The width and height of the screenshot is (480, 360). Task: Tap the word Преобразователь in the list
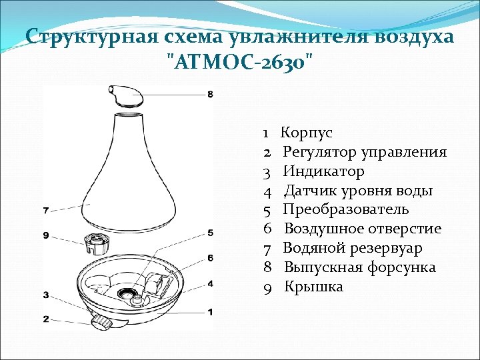pos(346,210)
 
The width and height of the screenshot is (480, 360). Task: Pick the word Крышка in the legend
pos(314,287)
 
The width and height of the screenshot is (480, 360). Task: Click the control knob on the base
pos(102,321)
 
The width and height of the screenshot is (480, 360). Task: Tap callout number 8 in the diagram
pos(210,95)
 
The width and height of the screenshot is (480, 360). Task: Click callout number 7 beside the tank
pos(45,211)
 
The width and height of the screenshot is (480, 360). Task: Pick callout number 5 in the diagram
pos(210,233)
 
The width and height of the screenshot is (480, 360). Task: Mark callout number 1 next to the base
pos(210,311)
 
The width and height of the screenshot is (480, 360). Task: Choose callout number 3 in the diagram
pos(45,295)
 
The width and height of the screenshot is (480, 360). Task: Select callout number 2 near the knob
pos(45,319)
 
